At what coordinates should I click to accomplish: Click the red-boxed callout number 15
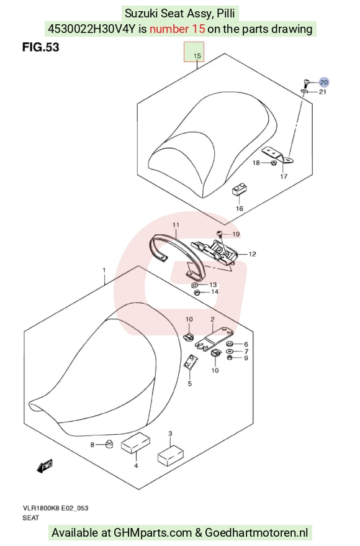tap(197, 56)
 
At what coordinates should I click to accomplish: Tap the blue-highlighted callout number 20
tap(324, 83)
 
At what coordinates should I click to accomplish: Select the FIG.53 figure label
tap(41, 47)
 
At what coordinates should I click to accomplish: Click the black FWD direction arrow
tap(45, 466)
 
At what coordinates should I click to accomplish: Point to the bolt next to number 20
tap(305, 83)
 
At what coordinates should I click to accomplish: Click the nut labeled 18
tap(274, 163)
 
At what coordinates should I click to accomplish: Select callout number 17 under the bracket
tap(284, 176)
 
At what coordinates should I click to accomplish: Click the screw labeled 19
tap(220, 234)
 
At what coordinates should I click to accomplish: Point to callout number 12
tap(252, 254)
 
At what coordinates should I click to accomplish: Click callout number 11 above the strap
tap(176, 225)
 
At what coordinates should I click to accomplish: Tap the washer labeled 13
tap(194, 286)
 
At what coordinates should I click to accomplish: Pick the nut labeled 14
tap(196, 292)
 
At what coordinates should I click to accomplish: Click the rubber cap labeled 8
tap(109, 444)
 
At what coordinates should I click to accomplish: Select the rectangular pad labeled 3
tap(171, 455)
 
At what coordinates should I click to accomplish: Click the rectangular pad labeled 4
tap(136, 442)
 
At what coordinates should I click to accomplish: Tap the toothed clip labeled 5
tap(191, 362)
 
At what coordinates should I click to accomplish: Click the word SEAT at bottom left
tap(30, 518)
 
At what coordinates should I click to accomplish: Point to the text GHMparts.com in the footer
tap(152, 533)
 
